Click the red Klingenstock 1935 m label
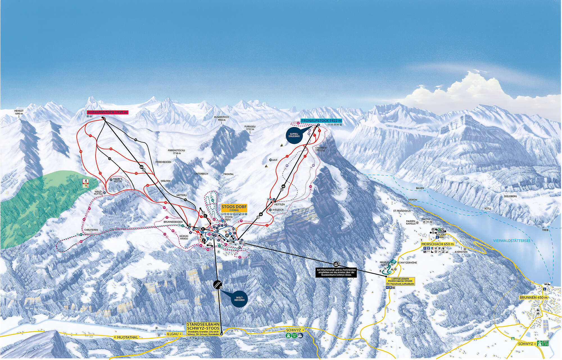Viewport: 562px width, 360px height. point(107,112)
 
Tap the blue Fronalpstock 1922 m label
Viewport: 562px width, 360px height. point(321,121)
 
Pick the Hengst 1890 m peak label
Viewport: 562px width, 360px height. point(19,112)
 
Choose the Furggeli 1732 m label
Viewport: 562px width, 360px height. point(250,128)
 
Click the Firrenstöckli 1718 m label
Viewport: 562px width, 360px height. point(176,152)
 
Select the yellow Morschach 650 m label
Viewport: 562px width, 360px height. point(438,244)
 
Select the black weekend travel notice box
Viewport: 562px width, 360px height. point(336,272)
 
